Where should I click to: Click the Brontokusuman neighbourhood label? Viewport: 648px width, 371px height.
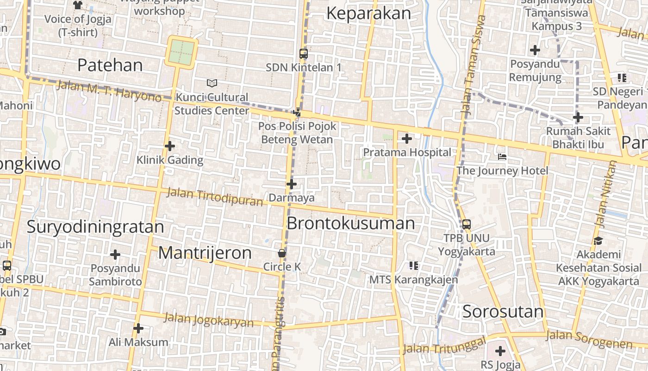pos(351,224)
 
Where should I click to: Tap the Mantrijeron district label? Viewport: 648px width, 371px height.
pos(205,253)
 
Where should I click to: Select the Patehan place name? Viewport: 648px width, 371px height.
pos(110,65)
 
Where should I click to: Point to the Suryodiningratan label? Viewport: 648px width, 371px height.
pos(95,227)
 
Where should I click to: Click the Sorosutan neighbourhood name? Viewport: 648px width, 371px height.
pos(503,312)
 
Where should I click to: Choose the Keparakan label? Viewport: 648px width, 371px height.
pos(368,13)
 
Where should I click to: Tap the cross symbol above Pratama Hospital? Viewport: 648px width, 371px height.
pos(406,138)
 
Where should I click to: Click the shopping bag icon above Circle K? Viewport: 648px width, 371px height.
pos(281,253)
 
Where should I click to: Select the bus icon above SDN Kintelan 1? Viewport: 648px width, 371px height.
pos(303,54)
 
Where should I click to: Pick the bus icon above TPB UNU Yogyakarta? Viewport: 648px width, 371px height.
pos(466,224)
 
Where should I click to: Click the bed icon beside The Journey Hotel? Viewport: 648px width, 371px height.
pos(502,157)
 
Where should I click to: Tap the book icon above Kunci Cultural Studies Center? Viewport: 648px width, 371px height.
pos(212,83)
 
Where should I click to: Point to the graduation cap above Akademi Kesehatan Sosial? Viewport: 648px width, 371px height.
pos(598,241)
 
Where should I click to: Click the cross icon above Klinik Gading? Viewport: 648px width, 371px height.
pos(170,146)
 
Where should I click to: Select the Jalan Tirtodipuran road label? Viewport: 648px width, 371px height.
pos(214,196)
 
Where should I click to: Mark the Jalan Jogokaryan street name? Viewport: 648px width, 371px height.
pos(209,320)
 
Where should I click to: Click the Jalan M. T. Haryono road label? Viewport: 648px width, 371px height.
pos(109,91)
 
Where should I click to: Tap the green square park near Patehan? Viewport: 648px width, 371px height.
pos(182,52)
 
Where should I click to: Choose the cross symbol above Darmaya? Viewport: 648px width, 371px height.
pos(291,184)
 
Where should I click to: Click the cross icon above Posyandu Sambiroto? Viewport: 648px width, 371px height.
pos(115,255)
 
